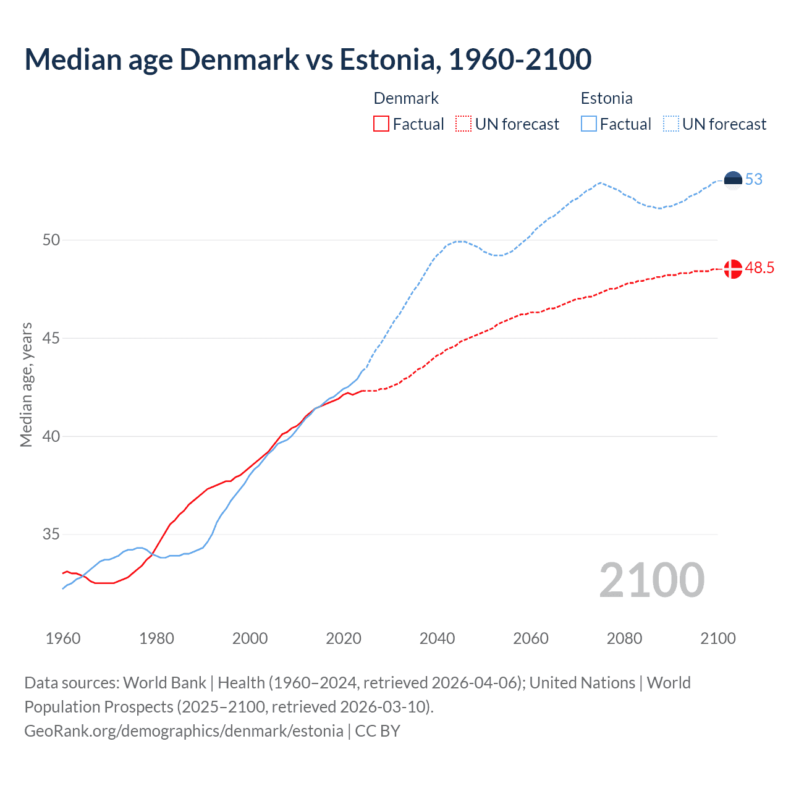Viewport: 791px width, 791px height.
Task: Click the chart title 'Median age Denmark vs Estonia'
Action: click(x=308, y=59)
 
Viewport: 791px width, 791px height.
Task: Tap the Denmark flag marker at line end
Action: click(x=733, y=269)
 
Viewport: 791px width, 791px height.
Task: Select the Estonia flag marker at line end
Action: click(x=733, y=180)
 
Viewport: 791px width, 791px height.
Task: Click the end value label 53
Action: click(x=754, y=180)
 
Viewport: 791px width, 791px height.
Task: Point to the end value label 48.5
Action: click(x=759, y=268)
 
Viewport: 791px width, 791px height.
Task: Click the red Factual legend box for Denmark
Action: click(x=381, y=124)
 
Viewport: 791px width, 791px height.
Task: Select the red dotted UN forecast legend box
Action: click(x=463, y=124)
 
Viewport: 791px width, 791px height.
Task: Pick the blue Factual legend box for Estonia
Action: click(x=589, y=124)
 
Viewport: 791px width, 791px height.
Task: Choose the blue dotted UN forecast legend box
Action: click(x=670, y=124)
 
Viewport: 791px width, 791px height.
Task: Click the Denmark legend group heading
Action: click(x=406, y=98)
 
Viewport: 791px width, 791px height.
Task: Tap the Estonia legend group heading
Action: click(x=606, y=98)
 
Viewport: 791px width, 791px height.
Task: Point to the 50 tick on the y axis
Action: click(x=51, y=240)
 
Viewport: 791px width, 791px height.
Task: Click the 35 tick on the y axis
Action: click(x=51, y=535)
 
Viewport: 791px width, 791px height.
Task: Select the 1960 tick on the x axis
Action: click(x=63, y=638)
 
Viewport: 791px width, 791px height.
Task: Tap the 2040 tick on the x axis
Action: click(x=437, y=638)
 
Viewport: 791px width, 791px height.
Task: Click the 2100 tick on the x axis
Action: click(x=717, y=638)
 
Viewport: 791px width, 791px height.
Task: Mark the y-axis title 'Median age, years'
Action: click(x=27, y=384)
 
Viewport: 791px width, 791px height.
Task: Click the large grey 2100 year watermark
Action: click(x=651, y=580)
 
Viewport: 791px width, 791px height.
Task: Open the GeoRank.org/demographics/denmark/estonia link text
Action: click(x=184, y=731)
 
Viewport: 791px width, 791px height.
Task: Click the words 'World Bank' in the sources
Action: click(x=164, y=683)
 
